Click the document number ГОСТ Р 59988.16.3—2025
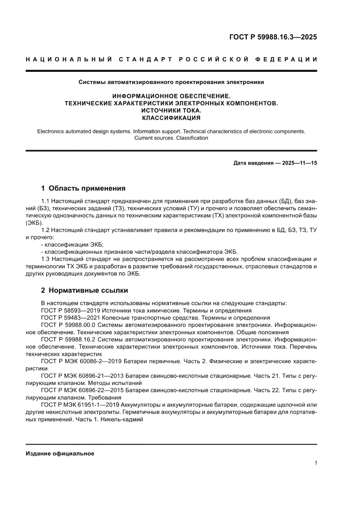point(273,37)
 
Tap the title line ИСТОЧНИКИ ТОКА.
point(171,111)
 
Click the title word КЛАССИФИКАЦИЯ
point(171,118)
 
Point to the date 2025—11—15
point(299,163)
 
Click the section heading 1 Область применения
point(83,189)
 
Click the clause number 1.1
point(46,201)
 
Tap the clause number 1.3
point(46,259)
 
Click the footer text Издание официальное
point(60,453)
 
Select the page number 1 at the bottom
point(315,463)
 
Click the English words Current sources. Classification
point(171,138)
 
